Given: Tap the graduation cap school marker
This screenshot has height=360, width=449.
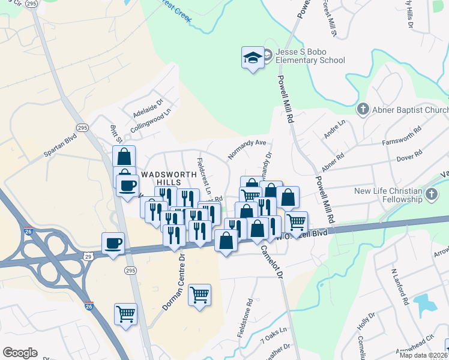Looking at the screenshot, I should click(253, 58).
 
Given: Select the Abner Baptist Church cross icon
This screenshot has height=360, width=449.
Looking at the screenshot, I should click(363, 109).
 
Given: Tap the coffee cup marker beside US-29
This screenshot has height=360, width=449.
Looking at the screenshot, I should click(113, 244).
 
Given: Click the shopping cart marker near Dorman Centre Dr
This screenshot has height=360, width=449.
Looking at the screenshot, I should click(199, 295).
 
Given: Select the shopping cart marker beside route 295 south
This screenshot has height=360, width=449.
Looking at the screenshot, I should click(125, 314).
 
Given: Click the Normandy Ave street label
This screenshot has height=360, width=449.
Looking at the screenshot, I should click(247, 150).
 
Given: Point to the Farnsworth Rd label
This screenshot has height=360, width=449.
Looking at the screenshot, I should click(402, 137).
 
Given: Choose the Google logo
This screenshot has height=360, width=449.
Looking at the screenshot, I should click(20, 353).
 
